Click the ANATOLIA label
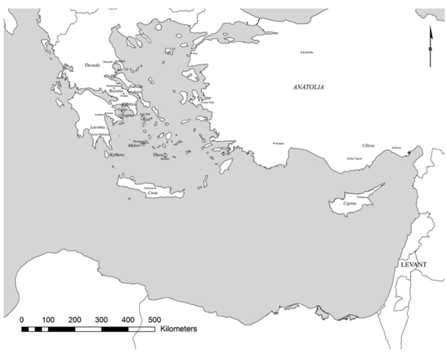(x=308, y=87)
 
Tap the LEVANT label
(x=414, y=265)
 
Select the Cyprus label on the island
(x=350, y=203)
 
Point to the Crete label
(x=153, y=193)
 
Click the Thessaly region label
(x=92, y=65)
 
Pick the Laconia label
(x=97, y=127)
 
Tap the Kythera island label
(x=116, y=155)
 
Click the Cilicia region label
(x=368, y=145)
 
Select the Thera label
(x=158, y=155)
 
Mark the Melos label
(x=133, y=145)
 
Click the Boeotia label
(x=115, y=91)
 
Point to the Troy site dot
(x=191, y=53)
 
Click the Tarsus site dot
(x=393, y=148)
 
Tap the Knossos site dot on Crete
(x=155, y=188)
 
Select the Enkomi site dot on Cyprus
(x=367, y=197)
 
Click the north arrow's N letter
(x=430, y=49)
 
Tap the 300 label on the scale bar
(x=101, y=320)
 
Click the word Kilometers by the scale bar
(x=178, y=329)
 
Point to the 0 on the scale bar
(x=22, y=320)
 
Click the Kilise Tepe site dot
(x=361, y=159)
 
